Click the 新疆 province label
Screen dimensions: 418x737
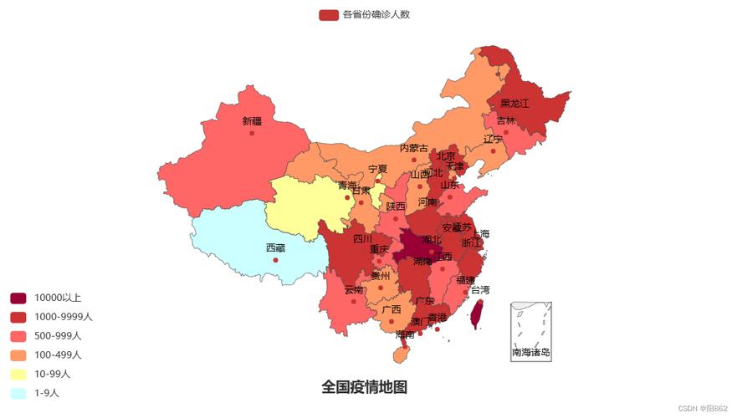[x=252, y=121]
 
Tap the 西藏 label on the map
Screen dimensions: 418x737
[x=275, y=247]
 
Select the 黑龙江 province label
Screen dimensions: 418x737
[x=514, y=103]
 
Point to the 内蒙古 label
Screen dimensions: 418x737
[x=413, y=148]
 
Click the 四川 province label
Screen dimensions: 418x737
[x=362, y=238]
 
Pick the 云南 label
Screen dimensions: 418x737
[x=354, y=289]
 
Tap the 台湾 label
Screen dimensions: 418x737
[x=480, y=290]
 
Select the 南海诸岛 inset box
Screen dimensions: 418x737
[x=530, y=331]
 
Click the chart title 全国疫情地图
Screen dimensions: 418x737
[x=364, y=387]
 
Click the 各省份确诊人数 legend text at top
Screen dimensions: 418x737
[x=376, y=14]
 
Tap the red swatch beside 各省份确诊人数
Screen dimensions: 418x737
[x=328, y=15]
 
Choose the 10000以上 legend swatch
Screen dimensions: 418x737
[x=18, y=298]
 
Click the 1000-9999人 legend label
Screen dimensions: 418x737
[x=64, y=317]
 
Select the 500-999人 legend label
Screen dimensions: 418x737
[x=58, y=336]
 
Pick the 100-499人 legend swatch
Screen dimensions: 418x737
[x=18, y=355]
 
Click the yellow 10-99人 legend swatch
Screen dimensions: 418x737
[x=18, y=375]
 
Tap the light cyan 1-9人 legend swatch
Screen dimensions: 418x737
[x=18, y=394]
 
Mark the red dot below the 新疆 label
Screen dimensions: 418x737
[x=252, y=133]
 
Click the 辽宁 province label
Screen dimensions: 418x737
[x=493, y=139]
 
